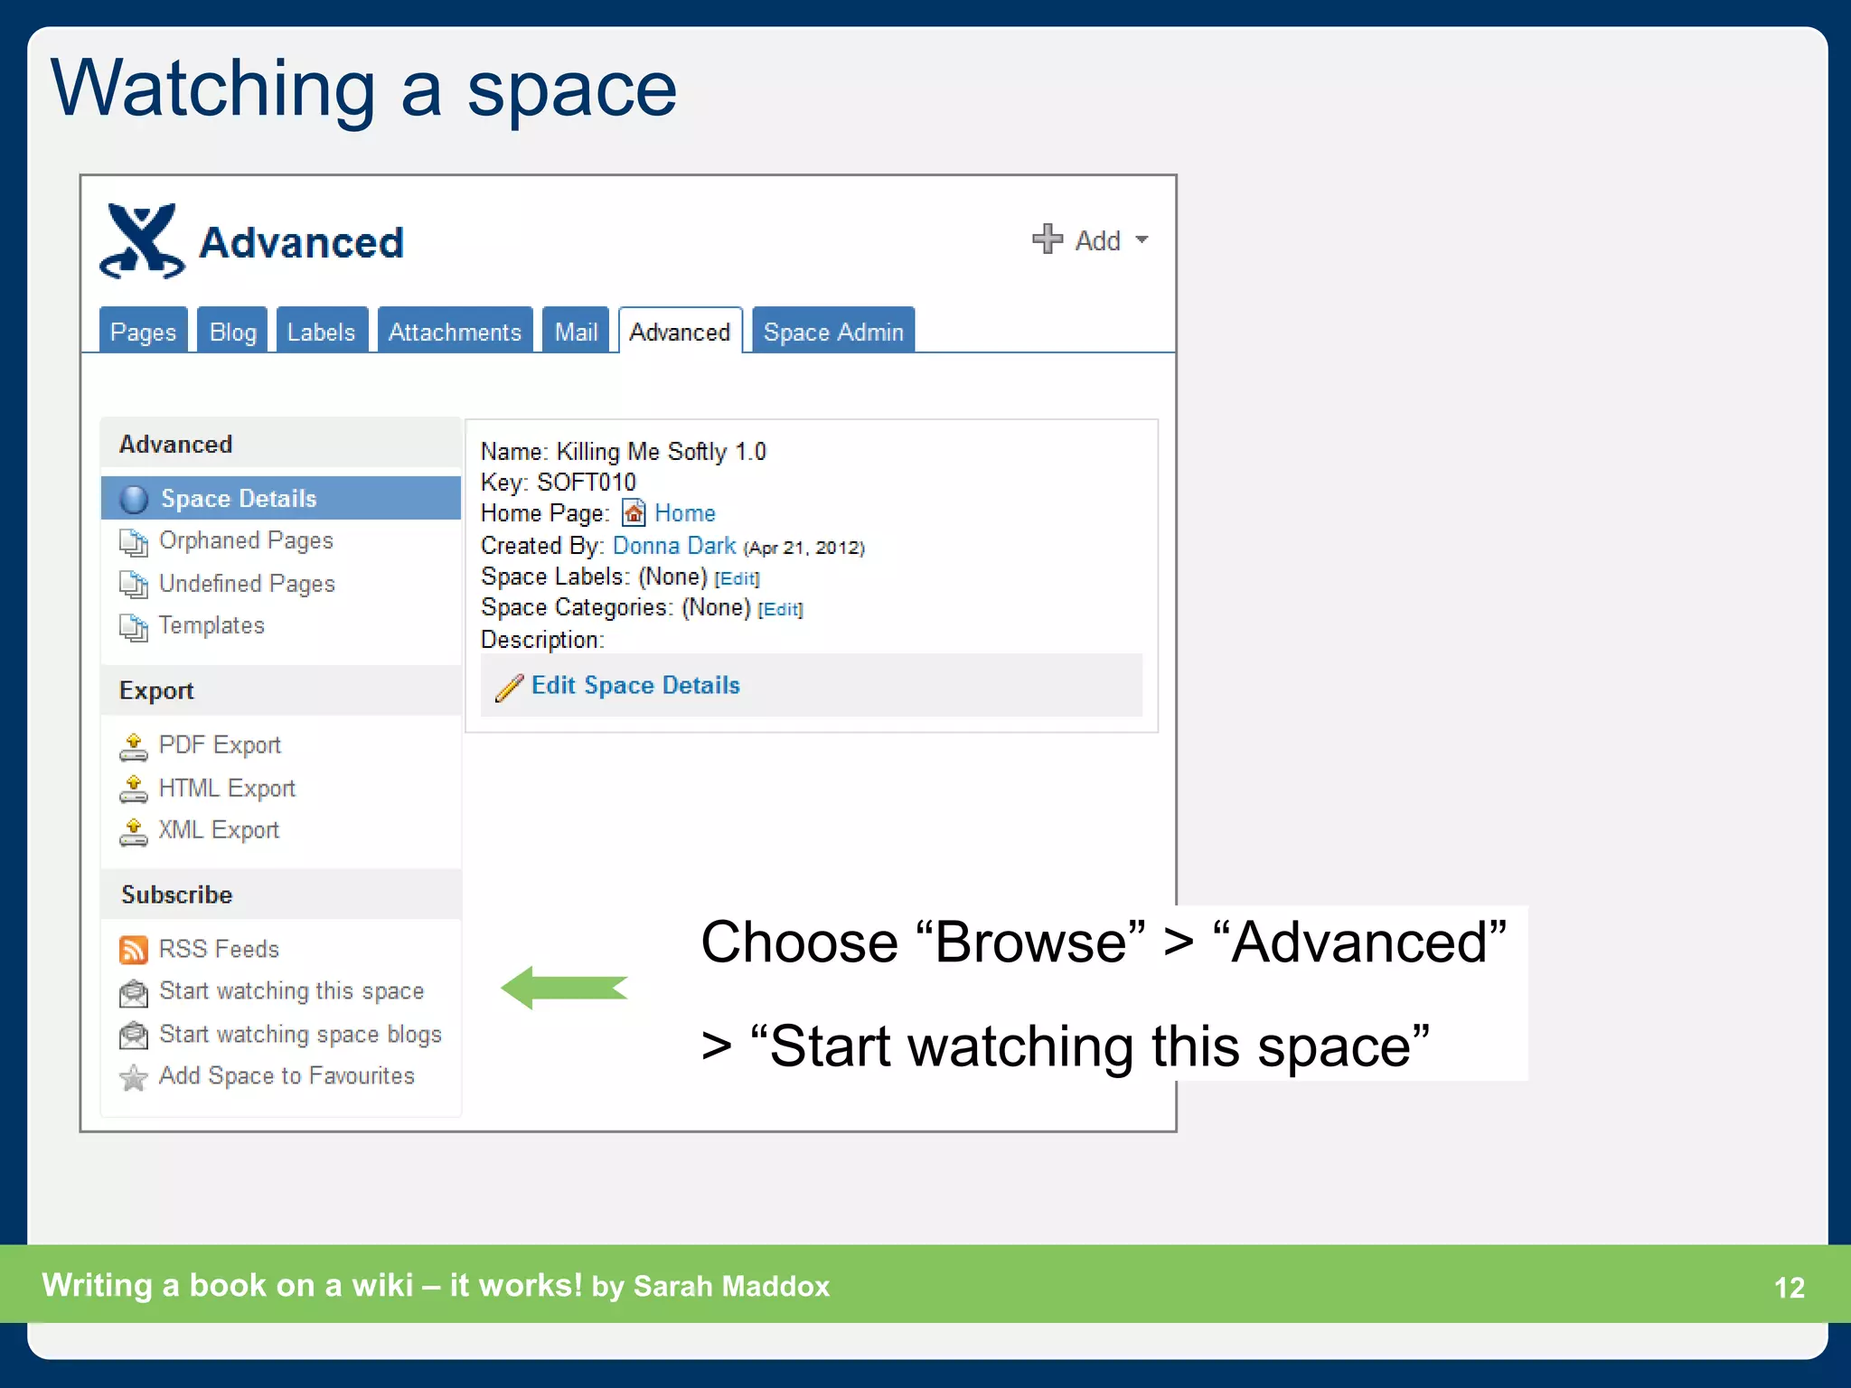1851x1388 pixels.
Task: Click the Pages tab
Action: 143,332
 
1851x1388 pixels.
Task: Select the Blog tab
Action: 232,332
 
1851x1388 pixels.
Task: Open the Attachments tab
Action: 455,332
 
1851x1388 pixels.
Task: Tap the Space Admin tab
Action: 832,332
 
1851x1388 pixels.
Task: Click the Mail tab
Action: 576,332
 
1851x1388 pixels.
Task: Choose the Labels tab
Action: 321,332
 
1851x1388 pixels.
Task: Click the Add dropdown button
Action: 1090,240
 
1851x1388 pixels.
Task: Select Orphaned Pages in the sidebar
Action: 246,540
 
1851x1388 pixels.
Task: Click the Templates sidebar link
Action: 211,625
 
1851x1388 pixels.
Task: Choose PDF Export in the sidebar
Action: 220,745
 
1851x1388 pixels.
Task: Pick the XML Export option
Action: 219,830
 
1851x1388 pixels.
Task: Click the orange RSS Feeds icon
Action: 133,950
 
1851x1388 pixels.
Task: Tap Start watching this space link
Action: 291,991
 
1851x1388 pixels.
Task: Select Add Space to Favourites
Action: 287,1075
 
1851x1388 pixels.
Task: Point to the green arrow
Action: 564,988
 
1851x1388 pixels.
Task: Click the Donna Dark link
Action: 674,546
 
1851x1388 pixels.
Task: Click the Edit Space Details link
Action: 635,685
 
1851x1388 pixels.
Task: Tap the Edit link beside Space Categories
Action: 780,609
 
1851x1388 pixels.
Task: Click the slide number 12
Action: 1789,1287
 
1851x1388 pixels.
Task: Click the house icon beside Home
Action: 634,513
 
